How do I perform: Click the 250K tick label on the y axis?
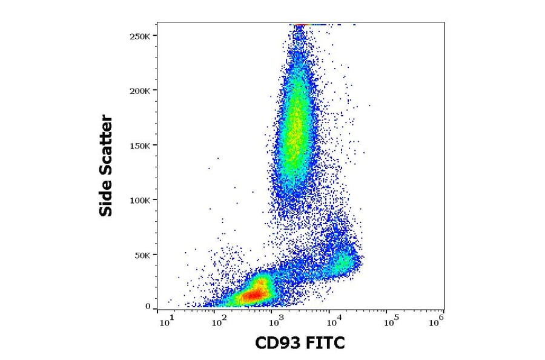(140, 36)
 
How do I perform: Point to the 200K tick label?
(140, 90)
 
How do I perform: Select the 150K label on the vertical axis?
(140, 145)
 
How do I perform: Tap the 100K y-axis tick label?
(140, 200)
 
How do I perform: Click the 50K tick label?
(143, 255)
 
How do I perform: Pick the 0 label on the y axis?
(148, 307)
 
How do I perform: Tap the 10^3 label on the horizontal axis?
(275, 322)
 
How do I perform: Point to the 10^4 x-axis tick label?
(329, 322)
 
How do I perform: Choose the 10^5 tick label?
(385, 322)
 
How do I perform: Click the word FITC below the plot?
(326, 344)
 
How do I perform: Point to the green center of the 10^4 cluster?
(343, 262)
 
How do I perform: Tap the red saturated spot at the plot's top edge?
(299, 25)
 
